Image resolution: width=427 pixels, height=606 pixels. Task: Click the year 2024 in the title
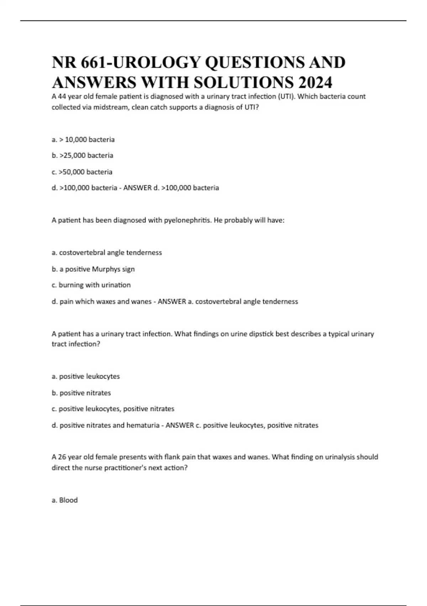pyautogui.click(x=315, y=82)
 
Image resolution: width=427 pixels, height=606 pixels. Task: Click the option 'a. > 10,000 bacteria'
pyautogui.click(x=83, y=139)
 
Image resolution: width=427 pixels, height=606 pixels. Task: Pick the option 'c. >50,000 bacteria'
pyautogui.click(x=82, y=172)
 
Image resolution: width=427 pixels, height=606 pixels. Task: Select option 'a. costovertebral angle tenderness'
pyautogui.click(x=107, y=252)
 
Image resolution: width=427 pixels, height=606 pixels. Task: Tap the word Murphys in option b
pyautogui.click(x=106, y=269)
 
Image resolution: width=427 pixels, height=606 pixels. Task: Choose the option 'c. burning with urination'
pyautogui.click(x=91, y=285)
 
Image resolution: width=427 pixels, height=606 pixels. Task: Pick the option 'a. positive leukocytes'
pyautogui.click(x=86, y=376)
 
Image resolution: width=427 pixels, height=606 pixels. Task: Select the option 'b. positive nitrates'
pyautogui.click(x=81, y=393)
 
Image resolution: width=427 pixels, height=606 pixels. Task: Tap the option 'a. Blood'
pyautogui.click(x=65, y=500)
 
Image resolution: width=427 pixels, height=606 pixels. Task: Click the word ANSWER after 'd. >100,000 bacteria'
pyautogui.click(x=137, y=188)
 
